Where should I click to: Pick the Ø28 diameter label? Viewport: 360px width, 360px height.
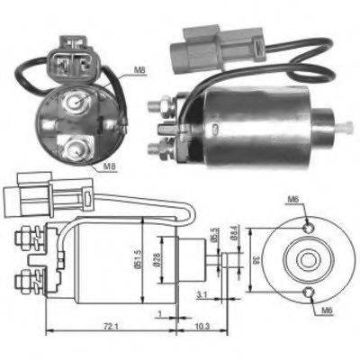pyautogui.click(x=161, y=261)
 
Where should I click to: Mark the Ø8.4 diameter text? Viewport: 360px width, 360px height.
pyautogui.click(x=234, y=236)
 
